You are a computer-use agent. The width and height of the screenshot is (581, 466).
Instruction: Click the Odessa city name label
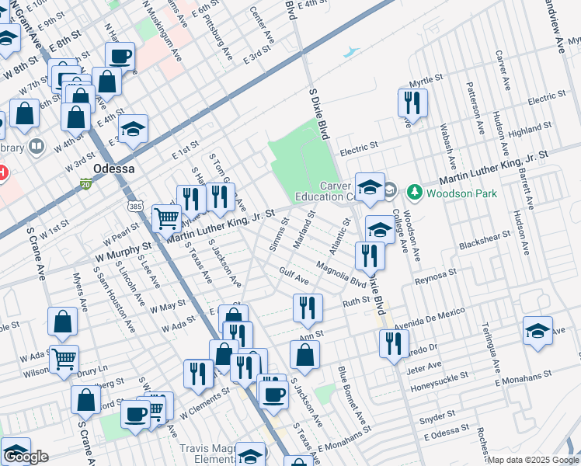pyautogui.click(x=113, y=169)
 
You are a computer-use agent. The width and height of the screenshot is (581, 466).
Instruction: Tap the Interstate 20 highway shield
pyautogui.click(x=85, y=184)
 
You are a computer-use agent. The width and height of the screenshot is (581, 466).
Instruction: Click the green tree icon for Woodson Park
pyautogui.click(x=414, y=191)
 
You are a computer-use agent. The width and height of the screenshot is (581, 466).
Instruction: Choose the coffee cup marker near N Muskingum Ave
pyautogui.click(x=120, y=56)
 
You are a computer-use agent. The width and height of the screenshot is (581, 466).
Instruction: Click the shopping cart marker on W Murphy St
pyautogui.click(x=166, y=219)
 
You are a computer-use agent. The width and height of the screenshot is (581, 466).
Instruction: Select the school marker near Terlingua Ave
pyautogui.click(x=538, y=330)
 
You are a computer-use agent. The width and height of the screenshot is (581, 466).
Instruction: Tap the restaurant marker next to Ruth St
pyautogui.click(x=308, y=308)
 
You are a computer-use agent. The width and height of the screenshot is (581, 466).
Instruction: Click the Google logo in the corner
pyautogui.click(x=26, y=457)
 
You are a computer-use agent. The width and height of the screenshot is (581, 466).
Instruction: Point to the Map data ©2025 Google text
pyautogui.click(x=533, y=460)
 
